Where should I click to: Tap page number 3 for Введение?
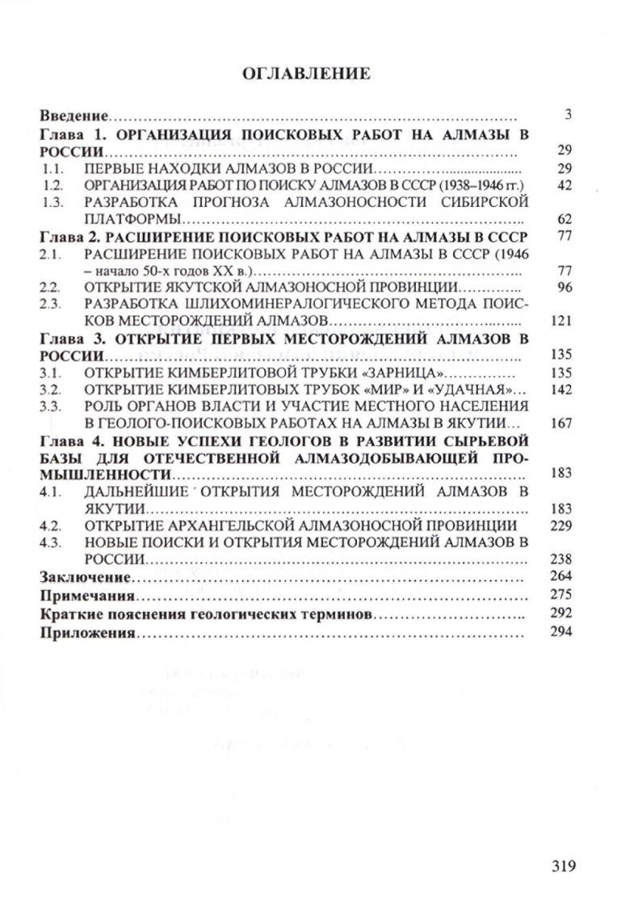pyautogui.click(x=569, y=115)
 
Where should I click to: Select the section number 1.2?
pyautogui.click(x=52, y=185)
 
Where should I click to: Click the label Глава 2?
pyautogui.click(x=69, y=237)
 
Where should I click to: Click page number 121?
pyautogui.click(x=561, y=321)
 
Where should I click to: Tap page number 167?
pyautogui.click(x=561, y=423)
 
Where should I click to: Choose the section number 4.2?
pyautogui.click(x=52, y=525)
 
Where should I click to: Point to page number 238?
pyautogui.click(x=561, y=559)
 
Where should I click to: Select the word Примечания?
pyautogui.click(x=86, y=596)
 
